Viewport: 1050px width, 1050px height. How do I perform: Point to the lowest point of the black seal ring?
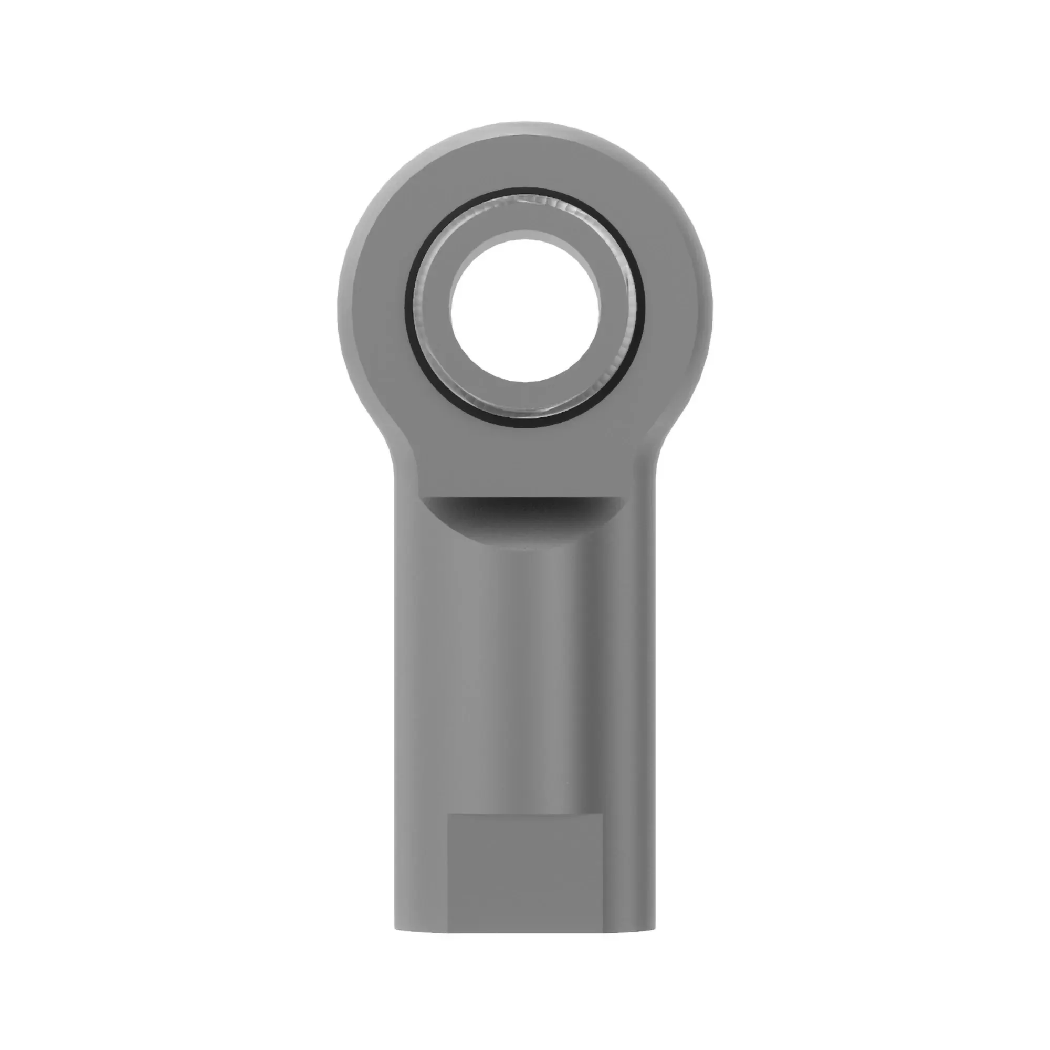(525, 428)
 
